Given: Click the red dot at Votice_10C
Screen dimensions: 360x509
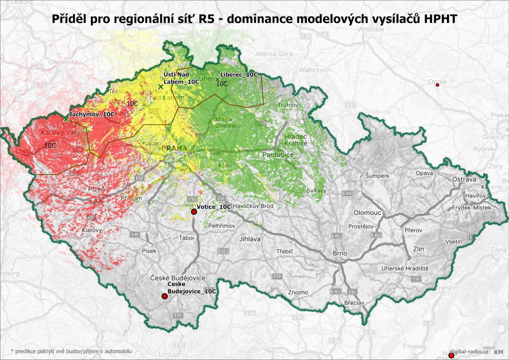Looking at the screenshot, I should click(x=194, y=212).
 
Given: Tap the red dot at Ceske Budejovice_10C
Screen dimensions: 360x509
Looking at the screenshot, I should click(x=164, y=296).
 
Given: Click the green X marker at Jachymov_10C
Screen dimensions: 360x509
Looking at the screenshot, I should click(x=66, y=119).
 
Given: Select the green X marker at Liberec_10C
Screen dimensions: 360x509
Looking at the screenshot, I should click(x=217, y=79).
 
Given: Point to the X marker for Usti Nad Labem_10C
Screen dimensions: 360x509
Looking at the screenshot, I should click(x=161, y=87).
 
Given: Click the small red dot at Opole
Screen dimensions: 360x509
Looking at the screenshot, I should click(x=437, y=85).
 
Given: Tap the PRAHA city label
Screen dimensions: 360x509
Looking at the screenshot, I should click(x=174, y=148).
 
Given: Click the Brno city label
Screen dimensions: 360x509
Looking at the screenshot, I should click(x=340, y=253).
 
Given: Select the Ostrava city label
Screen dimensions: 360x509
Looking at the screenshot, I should click(x=464, y=179).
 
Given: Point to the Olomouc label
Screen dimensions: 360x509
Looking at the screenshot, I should click(x=367, y=213).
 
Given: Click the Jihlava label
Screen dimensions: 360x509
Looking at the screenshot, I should click(x=250, y=239).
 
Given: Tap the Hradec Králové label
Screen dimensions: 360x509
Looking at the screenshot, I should click(x=296, y=140).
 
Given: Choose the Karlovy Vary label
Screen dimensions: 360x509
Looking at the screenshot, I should click(x=60, y=132).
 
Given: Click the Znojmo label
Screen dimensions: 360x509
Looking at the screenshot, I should click(x=298, y=292).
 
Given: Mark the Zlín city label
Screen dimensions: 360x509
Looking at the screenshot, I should click(x=418, y=249).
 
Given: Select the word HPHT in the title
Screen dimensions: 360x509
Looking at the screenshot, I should click(x=440, y=19).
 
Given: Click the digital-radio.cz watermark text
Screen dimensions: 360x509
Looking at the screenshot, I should click(x=469, y=351).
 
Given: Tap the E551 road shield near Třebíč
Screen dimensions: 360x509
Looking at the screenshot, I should click(x=224, y=251).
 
